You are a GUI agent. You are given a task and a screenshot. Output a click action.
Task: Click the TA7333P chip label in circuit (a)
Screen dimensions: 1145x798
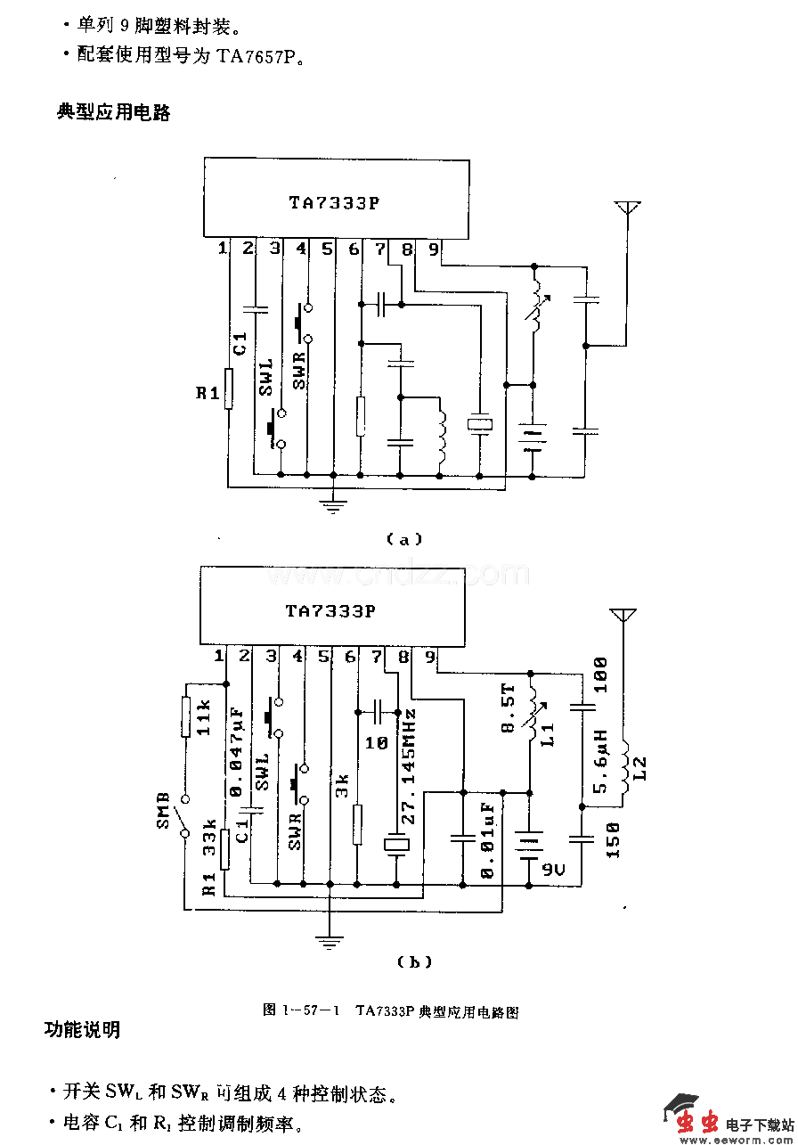(334, 202)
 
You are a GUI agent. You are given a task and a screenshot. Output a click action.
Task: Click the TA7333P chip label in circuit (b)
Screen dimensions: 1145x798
(330, 611)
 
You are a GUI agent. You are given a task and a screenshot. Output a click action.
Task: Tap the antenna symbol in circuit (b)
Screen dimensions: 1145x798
(622, 617)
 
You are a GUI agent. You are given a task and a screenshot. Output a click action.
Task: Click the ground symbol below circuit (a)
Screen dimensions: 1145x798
(333, 506)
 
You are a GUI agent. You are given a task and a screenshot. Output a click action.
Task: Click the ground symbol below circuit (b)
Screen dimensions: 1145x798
(330, 939)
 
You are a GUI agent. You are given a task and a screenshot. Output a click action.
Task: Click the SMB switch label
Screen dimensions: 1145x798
(164, 810)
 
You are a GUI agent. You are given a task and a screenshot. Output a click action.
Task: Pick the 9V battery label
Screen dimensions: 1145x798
(555, 867)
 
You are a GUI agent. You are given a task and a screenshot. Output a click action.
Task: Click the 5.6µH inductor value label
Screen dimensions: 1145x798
(600, 762)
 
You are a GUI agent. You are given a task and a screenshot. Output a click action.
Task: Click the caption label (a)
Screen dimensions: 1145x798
(403, 539)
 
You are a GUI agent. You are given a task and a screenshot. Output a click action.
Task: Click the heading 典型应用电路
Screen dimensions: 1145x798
(113, 112)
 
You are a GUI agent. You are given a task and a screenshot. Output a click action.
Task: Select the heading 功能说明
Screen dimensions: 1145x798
(83, 1030)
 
